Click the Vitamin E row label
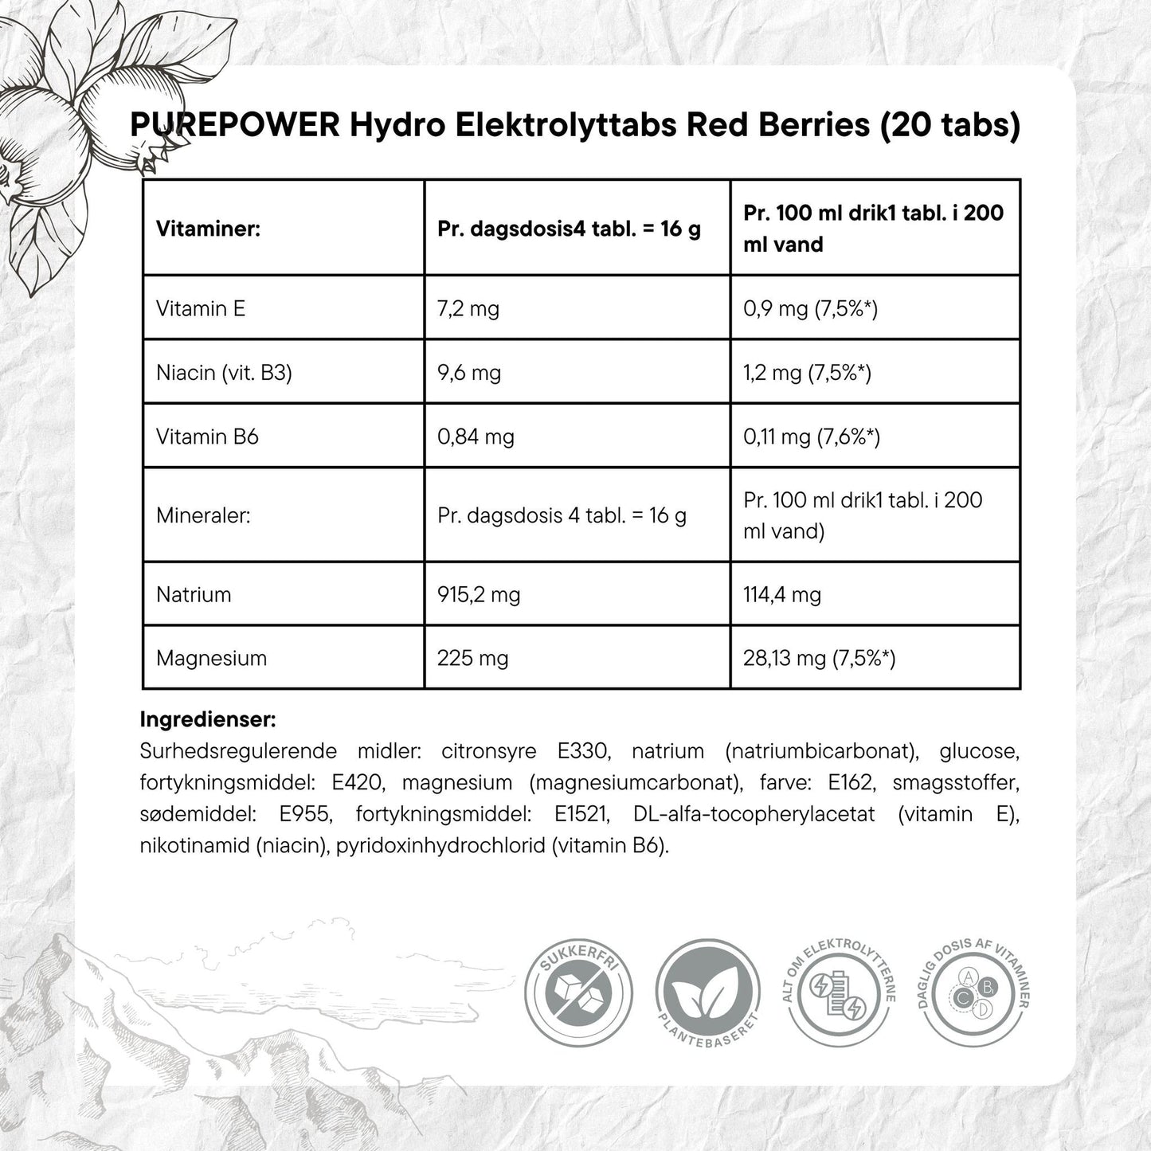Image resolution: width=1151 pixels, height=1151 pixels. click(x=201, y=308)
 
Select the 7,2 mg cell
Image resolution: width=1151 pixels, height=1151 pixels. click(x=468, y=308)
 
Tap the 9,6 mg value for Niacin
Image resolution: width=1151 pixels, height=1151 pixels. click(x=469, y=372)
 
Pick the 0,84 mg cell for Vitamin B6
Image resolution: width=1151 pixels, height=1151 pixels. click(x=476, y=437)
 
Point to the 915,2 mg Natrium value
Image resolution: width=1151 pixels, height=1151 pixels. click(x=479, y=594)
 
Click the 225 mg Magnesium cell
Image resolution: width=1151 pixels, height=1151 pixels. click(x=472, y=658)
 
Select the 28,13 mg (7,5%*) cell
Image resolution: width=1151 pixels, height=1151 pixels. click(x=819, y=658)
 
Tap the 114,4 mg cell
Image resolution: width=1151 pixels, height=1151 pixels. click(x=781, y=594)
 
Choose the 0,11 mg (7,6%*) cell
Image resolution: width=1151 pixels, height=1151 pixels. click(x=811, y=437)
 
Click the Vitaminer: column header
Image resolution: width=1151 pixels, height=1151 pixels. click(x=209, y=229)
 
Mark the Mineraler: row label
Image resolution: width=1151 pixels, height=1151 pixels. click(x=203, y=515)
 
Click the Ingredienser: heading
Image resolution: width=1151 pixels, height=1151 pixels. click(x=208, y=719)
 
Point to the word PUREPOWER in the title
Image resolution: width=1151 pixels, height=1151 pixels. click(x=235, y=125)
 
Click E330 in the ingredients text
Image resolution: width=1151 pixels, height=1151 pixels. click(x=583, y=751)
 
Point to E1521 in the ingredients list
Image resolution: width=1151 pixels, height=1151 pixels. click(x=582, y=814)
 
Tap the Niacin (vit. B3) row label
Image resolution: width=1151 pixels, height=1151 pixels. click(x=224, y=372)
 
